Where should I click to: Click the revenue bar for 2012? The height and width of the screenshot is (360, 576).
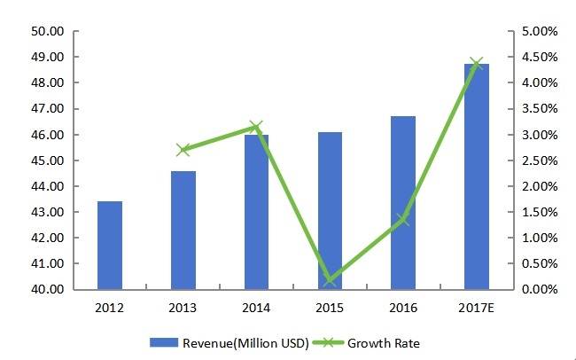point(110,246)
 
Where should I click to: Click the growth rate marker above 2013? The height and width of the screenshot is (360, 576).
point(183,150)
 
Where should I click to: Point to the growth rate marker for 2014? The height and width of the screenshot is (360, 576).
point(256,128)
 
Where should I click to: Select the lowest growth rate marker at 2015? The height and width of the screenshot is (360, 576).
point(330,280)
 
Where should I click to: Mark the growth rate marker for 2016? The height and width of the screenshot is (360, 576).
point(403,219)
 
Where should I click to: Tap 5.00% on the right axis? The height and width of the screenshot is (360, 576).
point(540,31)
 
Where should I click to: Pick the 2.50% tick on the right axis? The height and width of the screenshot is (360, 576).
point(540,160)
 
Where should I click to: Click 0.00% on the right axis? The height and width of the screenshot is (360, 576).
point(540,290)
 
